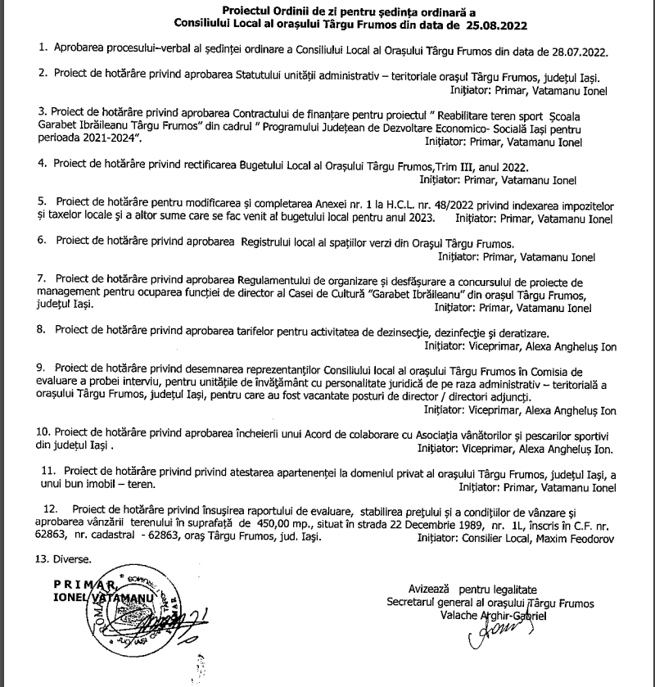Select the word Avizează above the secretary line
[x=431, y=590]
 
